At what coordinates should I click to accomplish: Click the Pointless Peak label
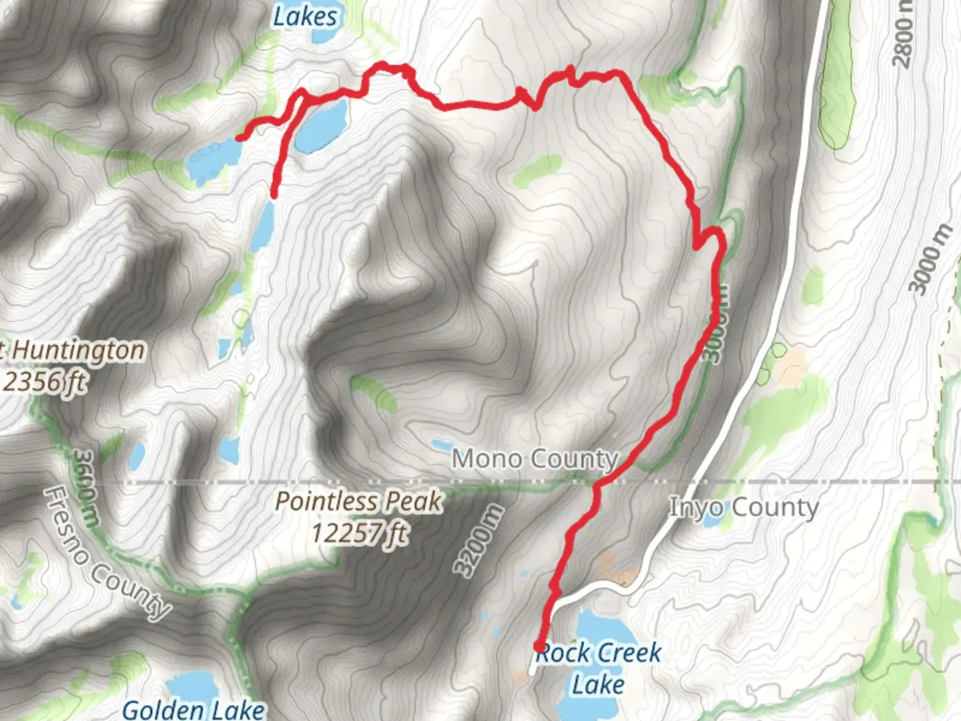[x=358, y=502]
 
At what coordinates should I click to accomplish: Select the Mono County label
[x=535, y=459]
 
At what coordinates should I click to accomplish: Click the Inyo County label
[x=743, y=507]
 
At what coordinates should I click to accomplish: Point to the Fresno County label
[x=107, y=553]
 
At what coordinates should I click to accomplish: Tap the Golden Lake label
[x=194, y=709]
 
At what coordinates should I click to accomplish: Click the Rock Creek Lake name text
[x=599, y=668]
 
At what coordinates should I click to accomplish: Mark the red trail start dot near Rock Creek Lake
[x=539, y=646]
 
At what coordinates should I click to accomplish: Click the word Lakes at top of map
[x=305, y=16]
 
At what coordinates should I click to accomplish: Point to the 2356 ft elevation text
[x=44, y=382]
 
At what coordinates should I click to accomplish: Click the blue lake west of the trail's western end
[x=214, y=160]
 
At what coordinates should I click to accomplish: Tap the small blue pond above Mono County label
[x=441, y=445]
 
